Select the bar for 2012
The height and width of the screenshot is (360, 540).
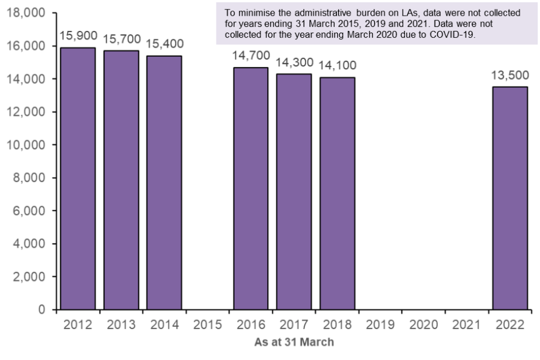(78, 179)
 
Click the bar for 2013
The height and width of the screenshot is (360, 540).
(121, 180)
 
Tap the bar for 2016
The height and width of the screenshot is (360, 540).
(251, 188)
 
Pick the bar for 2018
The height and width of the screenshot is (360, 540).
(337, 193)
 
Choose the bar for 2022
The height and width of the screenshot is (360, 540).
(510, 198)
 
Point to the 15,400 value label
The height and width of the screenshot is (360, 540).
(165, 44)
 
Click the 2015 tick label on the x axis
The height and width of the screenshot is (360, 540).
(208, 325)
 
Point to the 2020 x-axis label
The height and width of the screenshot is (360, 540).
(424, 325)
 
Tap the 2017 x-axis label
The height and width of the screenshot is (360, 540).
(294, 325)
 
